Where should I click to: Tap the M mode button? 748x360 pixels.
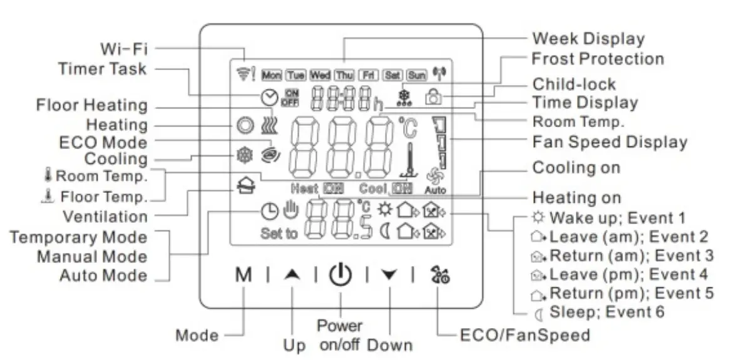click(x=243, y=275)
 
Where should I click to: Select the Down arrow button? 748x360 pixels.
click(x=389, y=275)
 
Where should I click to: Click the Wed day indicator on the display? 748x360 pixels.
click(x=320, y=75)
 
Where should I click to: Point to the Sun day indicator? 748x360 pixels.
click(x=416, y=75)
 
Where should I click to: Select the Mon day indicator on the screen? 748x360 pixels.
click(x=272, y=75)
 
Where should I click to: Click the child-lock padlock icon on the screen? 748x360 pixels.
click(x=432, y=97)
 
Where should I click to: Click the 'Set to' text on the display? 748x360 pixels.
click(x=279, y=235)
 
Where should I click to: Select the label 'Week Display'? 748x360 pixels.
click(x=588, y=38)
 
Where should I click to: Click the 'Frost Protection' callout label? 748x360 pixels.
click(x=597, y=59)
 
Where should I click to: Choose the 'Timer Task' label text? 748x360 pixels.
click(x=103, y=68)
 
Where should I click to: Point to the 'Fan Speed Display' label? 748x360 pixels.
click(x=610, y=142)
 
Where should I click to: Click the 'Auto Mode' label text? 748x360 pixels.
click(x=103, y=275)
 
